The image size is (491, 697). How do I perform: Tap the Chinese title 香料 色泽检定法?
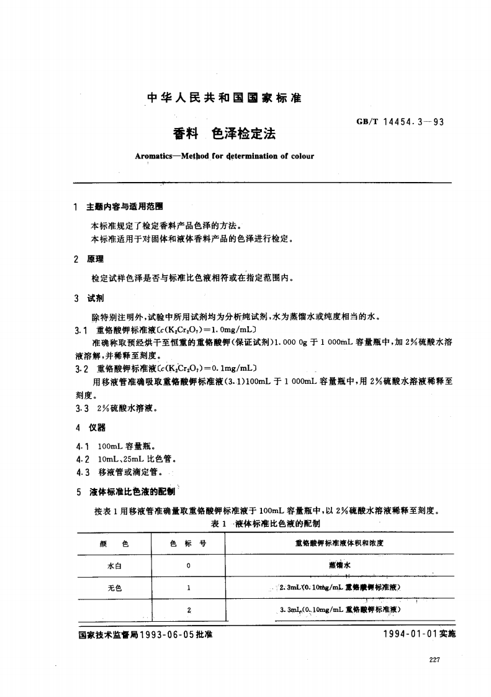(x=224, y=134)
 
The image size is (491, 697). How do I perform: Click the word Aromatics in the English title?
(x=153, y=156)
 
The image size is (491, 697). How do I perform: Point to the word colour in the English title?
(x=301, y=156)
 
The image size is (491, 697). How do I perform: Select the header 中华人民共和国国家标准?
(x=224, y=98)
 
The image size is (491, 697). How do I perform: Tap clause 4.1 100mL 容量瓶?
(x=118, y=446)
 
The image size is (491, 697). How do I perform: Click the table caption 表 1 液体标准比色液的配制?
(x=266, y=524)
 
